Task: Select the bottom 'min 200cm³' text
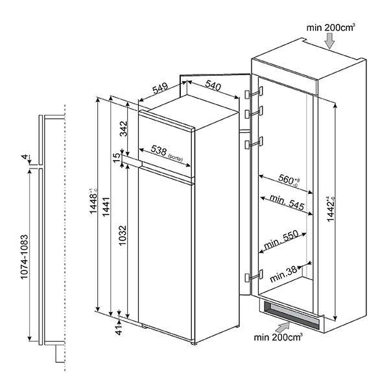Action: point(279,336)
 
